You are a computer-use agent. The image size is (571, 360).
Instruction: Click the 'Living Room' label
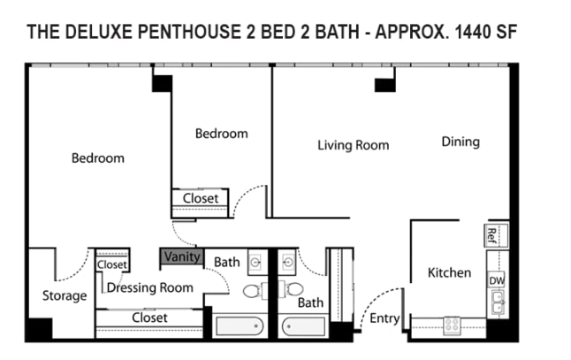[x=353, y=145]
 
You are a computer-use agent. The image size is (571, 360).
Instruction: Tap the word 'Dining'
[x=460, y=142]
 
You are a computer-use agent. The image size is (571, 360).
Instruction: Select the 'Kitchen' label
[x=449, y=272]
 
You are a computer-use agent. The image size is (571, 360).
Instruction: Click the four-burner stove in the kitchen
[x=452, y=325]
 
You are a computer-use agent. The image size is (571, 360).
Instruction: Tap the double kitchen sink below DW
[x=495, y=303]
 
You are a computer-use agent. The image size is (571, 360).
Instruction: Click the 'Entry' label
[x=384, y=318]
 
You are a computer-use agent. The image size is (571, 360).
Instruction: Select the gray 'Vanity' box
[x=183, y=257]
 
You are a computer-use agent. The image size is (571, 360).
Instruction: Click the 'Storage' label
[x=65, y=295]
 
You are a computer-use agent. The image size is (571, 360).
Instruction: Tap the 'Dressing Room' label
[x=150, y=287]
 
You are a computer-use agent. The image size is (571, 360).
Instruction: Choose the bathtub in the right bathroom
[x=305, y=325]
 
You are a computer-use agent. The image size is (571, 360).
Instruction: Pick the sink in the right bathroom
[x=288, y=263]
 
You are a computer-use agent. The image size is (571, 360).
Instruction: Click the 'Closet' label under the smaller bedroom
[x=201, y=199]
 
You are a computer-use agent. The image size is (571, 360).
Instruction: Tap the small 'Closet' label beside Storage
[x=112, y=264]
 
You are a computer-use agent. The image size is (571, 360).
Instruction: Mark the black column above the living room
[x=384, y=84]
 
